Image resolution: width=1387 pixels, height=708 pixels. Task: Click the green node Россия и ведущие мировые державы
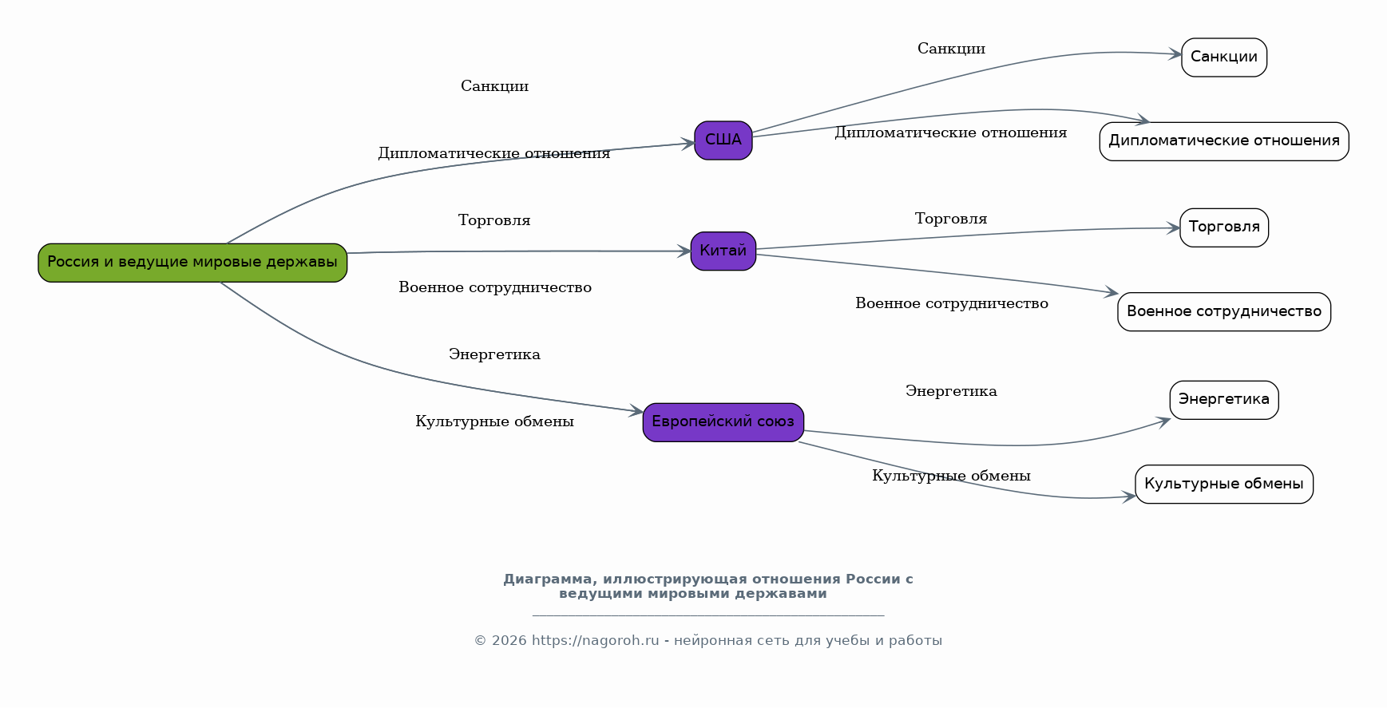(x=192, y=263)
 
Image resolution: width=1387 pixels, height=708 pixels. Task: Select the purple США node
(x=723, y=140)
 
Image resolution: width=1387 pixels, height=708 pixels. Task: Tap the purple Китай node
(x=723, y=251)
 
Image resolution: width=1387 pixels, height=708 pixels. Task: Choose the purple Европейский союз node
(x=723, y=422)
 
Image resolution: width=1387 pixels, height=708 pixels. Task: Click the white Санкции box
(x=1223, y=57)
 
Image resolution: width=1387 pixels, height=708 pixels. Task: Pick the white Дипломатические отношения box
(x=1223, y=141)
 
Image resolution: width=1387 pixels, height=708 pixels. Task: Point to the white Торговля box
(x=1223, y=227)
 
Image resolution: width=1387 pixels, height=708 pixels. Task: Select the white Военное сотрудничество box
(x=1223, y=312)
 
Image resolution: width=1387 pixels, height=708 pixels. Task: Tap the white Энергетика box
(x=1223, y=400)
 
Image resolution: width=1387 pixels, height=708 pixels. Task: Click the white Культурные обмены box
(x=1223, y=485)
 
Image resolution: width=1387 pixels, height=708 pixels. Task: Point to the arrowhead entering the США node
(x=688, y=144)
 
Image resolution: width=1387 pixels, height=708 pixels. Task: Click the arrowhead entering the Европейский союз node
(x=636, y=412)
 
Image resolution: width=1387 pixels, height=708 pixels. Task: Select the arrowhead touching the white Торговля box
(x=1174, y=228)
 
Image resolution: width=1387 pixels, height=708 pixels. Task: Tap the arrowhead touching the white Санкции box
(x=1175, y=54)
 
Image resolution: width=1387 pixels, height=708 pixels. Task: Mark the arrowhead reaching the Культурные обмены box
(x=1129, y=496)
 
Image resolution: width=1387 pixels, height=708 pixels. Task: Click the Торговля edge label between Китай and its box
(x=950, y=219)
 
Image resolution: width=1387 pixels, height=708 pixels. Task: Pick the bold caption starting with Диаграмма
(x=707, y=586)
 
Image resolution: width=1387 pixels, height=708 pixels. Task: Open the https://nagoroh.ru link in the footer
(x=595, y=640)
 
